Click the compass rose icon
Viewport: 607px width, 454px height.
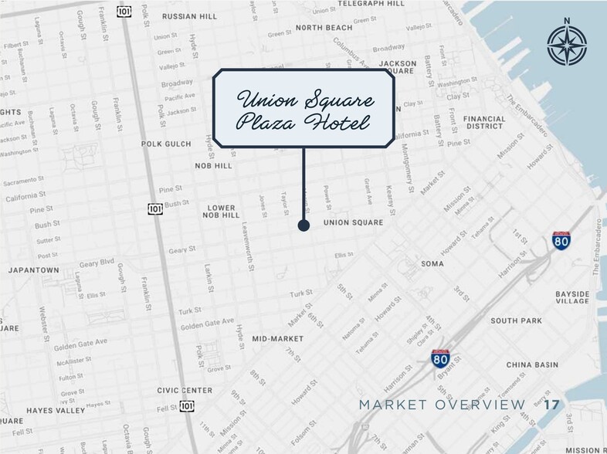(x=567, y=44)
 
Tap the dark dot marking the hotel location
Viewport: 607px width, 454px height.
(x=303, y=225)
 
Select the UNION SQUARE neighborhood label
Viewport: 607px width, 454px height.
(x=353, y=223)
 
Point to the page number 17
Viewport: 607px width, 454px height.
(x=551, y=405)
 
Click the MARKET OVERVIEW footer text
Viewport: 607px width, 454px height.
(x=442, y=405)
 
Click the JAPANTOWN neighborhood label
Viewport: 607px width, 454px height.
(x=33, y=271)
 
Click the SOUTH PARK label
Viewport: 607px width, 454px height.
(x=516, y=320)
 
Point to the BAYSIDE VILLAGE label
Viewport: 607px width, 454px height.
(x=572, y=298)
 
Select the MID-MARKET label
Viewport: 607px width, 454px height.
(x=277, y=338)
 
